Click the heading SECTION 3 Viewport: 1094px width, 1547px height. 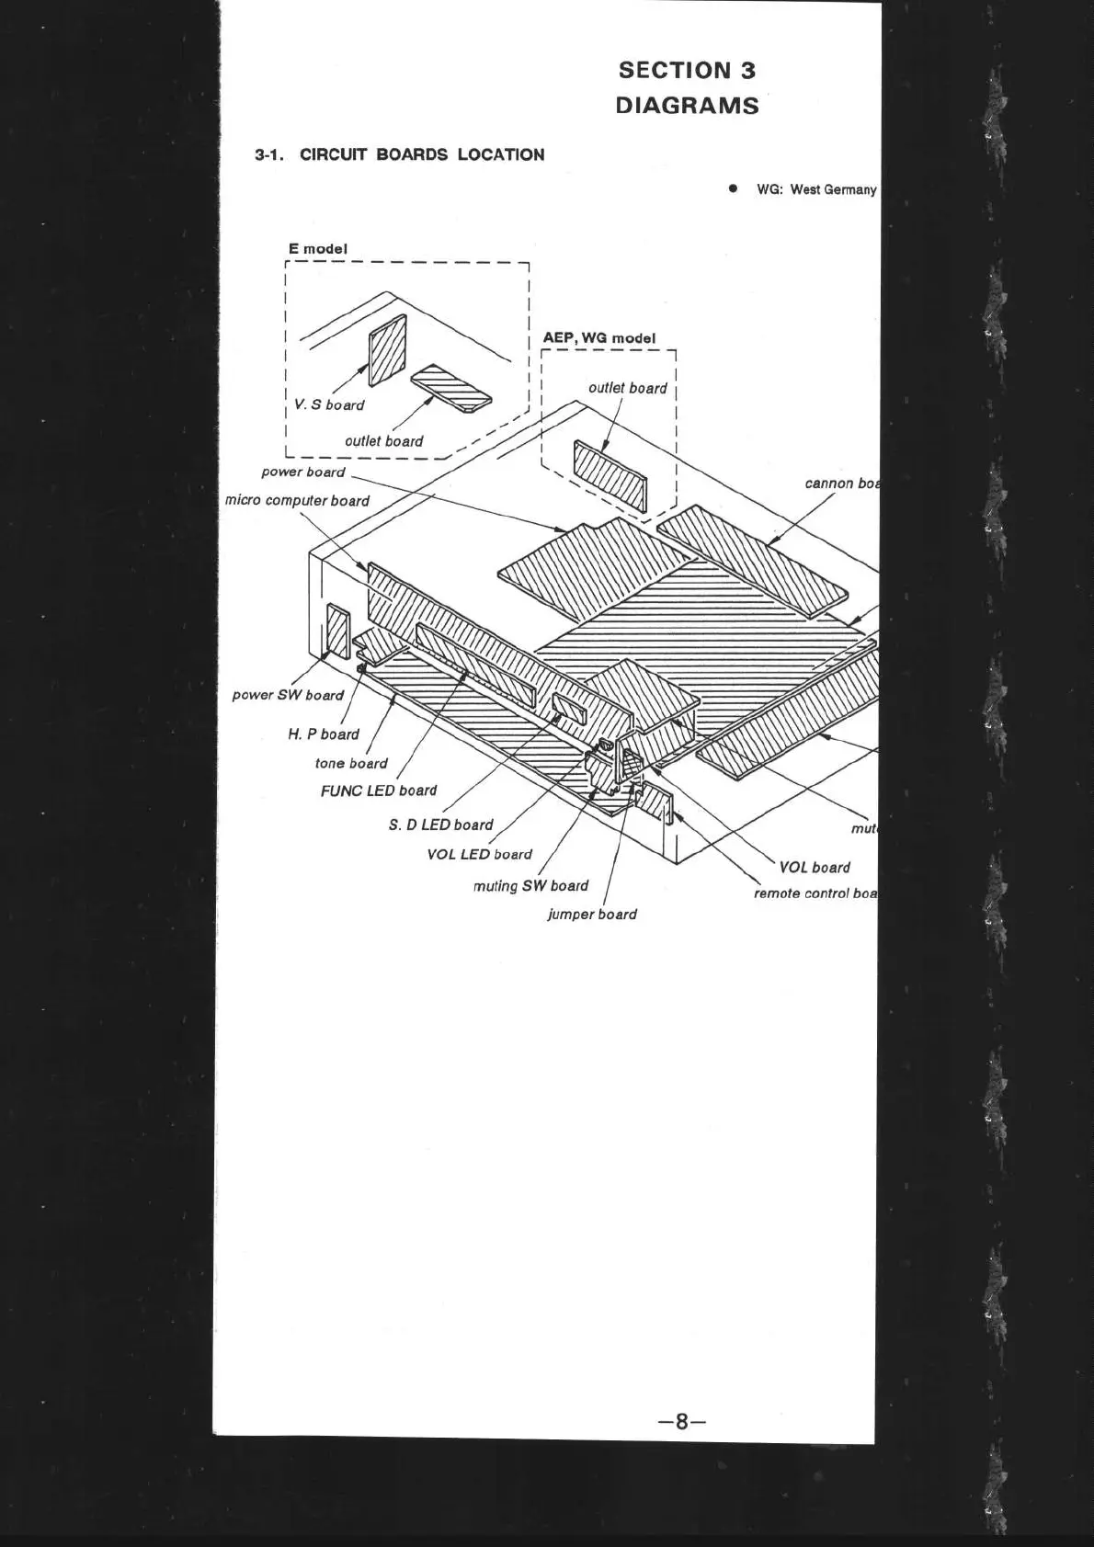[x=687, y=71]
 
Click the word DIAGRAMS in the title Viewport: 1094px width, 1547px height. [x=687, y=106]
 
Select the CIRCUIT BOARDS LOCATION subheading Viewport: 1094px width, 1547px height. [x=422, y=154]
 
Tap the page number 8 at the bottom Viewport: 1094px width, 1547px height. [x=681, y=1421]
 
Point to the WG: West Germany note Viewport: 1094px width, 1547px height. [x=815, y=189]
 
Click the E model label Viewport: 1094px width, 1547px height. [x=318, y=248]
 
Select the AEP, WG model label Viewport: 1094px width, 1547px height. [x=599, y=338]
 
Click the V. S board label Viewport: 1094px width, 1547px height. [x=329, y=404]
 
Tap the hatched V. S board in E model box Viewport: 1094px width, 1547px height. [x=387, y=352]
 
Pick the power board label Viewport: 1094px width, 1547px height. [x=303, y=472]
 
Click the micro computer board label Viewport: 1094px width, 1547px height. [x=298, y=501]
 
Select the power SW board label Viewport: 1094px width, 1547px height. [x=288, y=695]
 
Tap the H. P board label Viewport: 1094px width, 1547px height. [x=324, y=734]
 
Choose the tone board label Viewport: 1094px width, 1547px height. [x=351, y=763]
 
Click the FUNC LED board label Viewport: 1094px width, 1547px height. [x=379, y=791]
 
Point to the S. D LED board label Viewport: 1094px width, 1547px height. [x=441, y=825]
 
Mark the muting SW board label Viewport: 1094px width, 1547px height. [x=530, y=886]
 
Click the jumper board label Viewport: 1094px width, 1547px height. [x=592, y=915]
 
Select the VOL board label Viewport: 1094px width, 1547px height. [x=815, y=867]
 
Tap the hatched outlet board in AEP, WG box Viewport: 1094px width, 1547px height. [x=610, y=475]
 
